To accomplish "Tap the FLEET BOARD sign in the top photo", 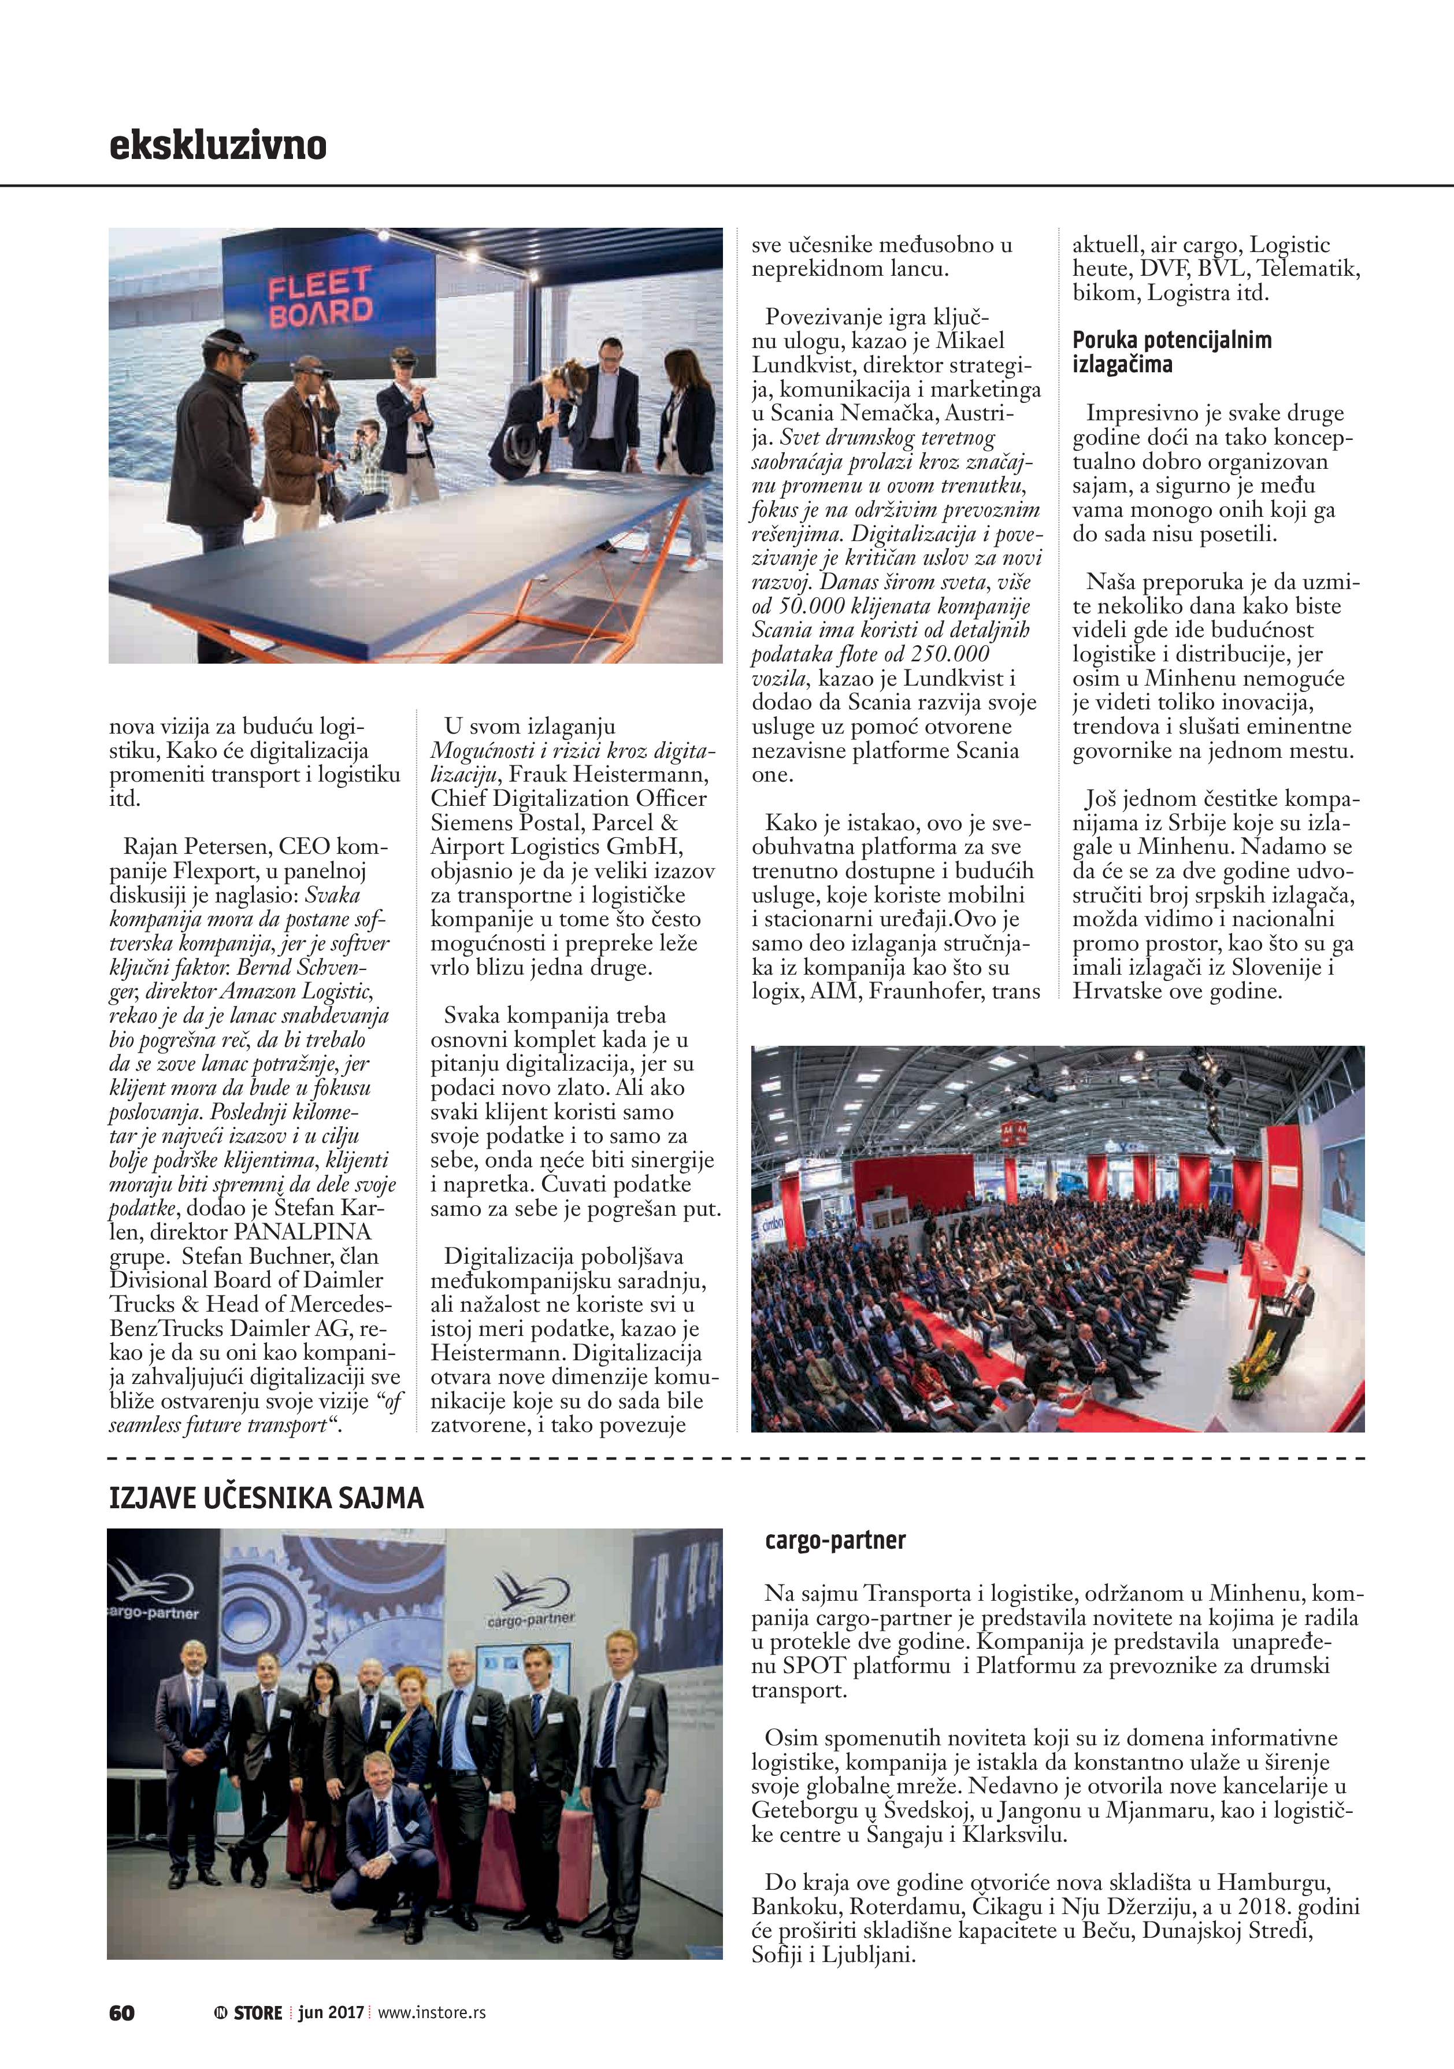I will click(x=320, y=297).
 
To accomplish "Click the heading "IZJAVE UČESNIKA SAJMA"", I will click(x=266, y=1498).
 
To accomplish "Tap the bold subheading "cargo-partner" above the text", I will click(x=834, y=1540).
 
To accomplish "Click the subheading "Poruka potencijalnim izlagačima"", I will click(x=1171, y=352).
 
